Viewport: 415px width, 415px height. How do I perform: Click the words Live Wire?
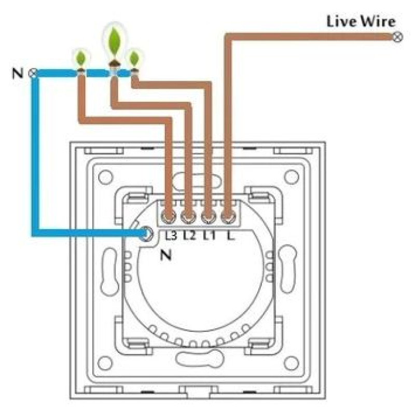361,22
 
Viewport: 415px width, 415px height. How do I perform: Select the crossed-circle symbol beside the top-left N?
34,73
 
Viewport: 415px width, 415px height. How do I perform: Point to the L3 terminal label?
170,235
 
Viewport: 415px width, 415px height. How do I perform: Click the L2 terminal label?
189,235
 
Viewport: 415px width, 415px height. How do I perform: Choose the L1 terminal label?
209,235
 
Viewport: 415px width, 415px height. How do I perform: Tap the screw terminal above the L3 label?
168,216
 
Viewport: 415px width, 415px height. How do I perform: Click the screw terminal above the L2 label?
188,216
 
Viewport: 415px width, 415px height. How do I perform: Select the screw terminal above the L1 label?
208,216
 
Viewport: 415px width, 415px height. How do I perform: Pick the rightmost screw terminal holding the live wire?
227,216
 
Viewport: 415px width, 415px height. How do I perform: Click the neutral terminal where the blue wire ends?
147,234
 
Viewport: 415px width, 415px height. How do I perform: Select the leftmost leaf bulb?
81,58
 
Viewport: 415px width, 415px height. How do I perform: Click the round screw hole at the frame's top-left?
105,177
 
